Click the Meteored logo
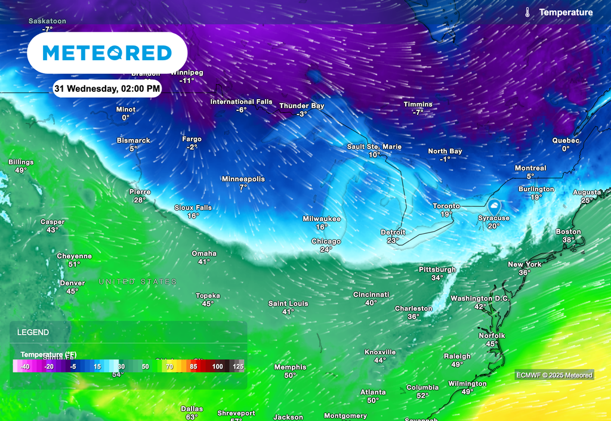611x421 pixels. click(107, 53)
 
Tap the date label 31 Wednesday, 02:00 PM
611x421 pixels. click(107, 89)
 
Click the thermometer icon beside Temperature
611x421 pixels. click(528, 13)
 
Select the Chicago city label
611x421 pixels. click(326, 242)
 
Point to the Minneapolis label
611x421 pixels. click(243, 179)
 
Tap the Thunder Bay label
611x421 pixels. click(302, 106)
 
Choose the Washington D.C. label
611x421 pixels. click(480, 298)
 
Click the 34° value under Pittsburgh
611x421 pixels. click(437, 278)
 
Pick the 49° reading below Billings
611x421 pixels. click(21, 171)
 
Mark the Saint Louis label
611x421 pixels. click(288, 304)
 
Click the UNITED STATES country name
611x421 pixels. click(137, 281)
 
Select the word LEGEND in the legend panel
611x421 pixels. click(33, 332)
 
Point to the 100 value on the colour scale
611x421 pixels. click(217, 366)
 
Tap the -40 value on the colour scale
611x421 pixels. click(25, 366)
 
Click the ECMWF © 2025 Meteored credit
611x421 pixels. click(555, 375)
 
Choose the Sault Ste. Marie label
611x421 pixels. click(374, 147)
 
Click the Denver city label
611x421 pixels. click(72, 283)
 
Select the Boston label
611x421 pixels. click(568, 232)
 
